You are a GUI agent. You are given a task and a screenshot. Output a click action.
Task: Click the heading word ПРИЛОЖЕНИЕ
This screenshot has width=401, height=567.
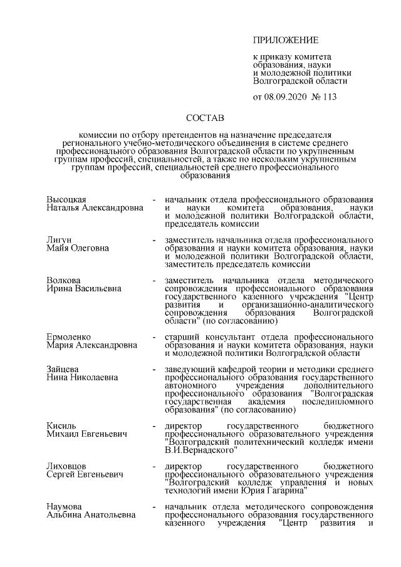click(286, 41)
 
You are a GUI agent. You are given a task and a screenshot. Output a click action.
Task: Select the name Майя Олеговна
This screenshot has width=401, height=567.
click(78, 248)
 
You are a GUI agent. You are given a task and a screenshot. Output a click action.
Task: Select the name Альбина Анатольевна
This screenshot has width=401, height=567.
click(91, 516)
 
